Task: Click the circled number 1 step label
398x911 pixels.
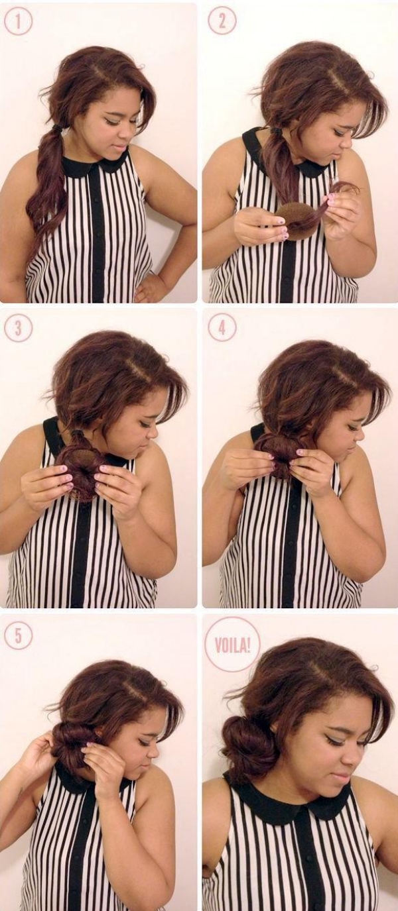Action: coord(18,22)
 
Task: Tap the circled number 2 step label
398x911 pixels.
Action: coord(222,21)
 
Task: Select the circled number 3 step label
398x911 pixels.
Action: coord(18,327)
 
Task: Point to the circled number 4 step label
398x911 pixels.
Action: coord(222,327)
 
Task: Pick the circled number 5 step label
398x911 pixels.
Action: coord(18,635)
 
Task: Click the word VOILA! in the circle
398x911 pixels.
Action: coord(232,645)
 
